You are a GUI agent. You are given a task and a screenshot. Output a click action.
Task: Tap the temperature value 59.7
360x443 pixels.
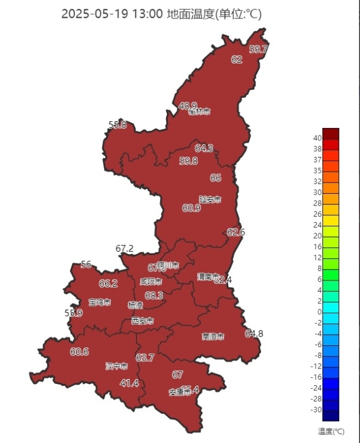[258, 49]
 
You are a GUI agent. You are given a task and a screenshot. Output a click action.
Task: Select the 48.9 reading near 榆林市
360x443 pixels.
[188, 106]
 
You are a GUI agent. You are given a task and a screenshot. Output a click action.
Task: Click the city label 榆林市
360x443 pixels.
[200, 112]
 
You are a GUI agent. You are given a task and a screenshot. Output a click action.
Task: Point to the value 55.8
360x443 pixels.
[118, 125]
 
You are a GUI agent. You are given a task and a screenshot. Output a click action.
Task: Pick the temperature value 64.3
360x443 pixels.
[204, 148]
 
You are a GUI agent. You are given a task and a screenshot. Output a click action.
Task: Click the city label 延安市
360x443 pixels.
[210, 199]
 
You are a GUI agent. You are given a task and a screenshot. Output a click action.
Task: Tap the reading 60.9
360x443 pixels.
[191, 208]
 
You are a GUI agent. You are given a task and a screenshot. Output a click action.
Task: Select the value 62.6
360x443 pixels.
[236, 232]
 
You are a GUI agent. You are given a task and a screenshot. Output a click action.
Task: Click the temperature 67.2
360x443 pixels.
[124, 249]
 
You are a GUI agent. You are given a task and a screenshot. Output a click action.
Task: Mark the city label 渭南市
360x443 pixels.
[207, 276]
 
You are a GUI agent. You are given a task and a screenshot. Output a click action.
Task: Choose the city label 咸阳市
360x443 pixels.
[151, 282]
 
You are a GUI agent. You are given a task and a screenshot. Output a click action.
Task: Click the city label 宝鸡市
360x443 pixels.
[100, 302]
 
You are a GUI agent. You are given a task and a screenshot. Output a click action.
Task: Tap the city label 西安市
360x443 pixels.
[142, 321]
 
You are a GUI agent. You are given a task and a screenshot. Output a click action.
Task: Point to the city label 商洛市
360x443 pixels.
[213, 337]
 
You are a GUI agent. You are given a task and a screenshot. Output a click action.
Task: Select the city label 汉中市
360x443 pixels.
[116, 366]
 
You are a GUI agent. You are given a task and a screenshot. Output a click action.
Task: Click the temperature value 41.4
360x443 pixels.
[129, 383]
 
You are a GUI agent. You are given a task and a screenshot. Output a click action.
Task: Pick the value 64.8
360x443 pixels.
[254, 333]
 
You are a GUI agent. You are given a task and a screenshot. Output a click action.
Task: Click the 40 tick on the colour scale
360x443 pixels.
[318, 138]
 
